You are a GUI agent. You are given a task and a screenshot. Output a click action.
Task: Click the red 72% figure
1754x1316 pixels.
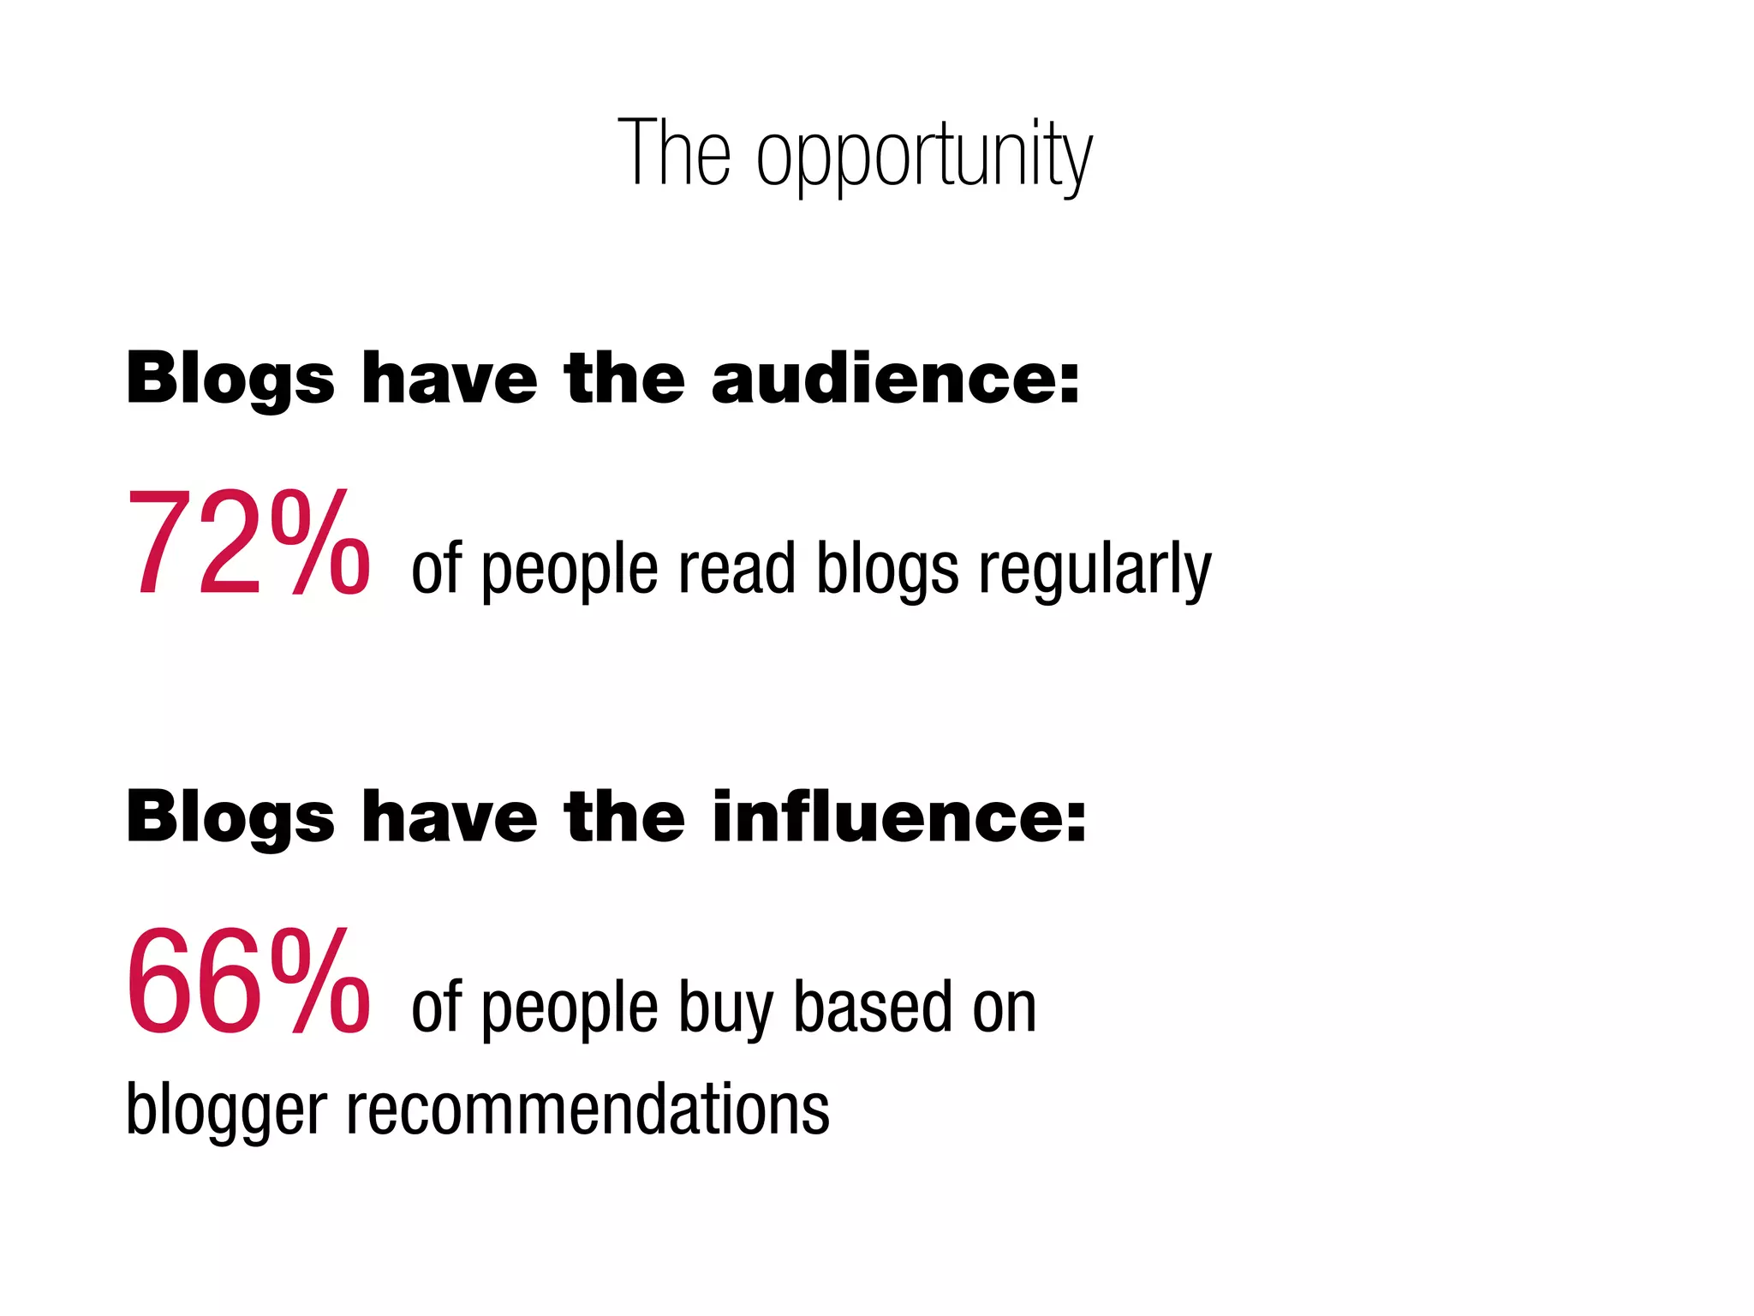[248, 543]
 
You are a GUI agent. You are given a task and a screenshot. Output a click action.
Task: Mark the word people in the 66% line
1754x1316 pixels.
[570, 1010]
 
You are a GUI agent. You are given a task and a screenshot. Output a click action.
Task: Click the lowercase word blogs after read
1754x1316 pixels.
[887, 570]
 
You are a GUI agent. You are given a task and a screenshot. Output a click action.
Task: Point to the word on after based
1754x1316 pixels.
[1004, 1008]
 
